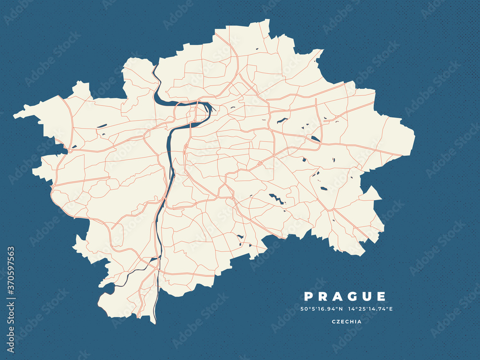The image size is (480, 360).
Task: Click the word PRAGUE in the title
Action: pos(345,297)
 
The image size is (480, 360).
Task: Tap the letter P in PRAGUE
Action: pos(308,297)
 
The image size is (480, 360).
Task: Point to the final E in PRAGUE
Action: pos(382,297)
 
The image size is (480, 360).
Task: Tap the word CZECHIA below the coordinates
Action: pos(347,322)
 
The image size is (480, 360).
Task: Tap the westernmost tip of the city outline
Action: pos(15,115)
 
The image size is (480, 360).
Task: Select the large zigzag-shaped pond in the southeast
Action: pos(276,198)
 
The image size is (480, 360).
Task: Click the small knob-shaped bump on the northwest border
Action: pos(81,87)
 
